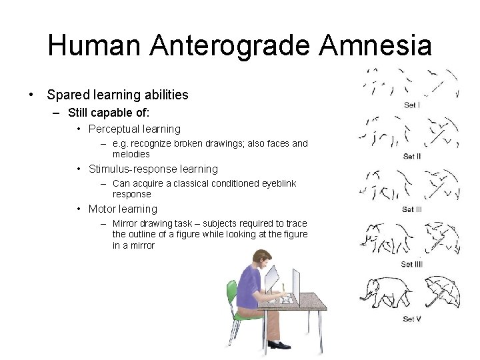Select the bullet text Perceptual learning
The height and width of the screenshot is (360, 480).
pyautogui.click(x=134, y=129)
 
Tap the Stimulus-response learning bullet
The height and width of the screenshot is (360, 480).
pyautogui.click(x=153, y=169)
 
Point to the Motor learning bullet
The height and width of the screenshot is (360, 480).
pyautogui.click(x=123, y=209)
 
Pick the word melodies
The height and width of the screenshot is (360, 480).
pyautogui.click(x=131, y=154)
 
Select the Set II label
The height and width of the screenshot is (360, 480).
pyautogui.click(x=412, y=157)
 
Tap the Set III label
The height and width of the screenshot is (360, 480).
pyautogui.click(x=412, y=210)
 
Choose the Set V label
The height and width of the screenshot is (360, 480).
pyautogui.click(x=412, y=319)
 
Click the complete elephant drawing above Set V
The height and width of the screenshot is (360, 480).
pyautogui.click(x=385, y=292)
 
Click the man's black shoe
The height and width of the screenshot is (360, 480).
pyautogui.click(x=280, y=345)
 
